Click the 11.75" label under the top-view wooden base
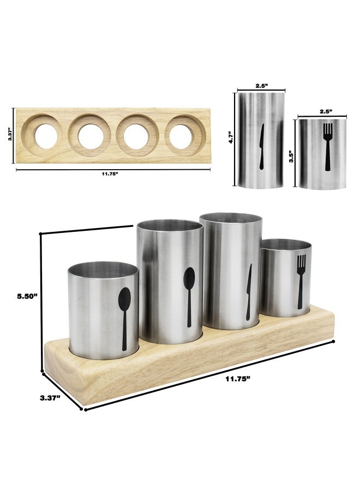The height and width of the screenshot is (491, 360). tap(110, 175)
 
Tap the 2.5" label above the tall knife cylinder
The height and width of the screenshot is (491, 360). tap(261, 86)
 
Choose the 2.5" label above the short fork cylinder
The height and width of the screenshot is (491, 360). tap(326, 111)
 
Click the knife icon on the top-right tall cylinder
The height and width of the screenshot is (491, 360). tap(261, 145)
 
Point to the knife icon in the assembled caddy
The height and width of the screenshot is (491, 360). tap(248, 291)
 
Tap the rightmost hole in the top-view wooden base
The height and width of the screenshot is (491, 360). tap(182, 135)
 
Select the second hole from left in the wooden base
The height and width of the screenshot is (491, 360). tap(91, 135)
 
